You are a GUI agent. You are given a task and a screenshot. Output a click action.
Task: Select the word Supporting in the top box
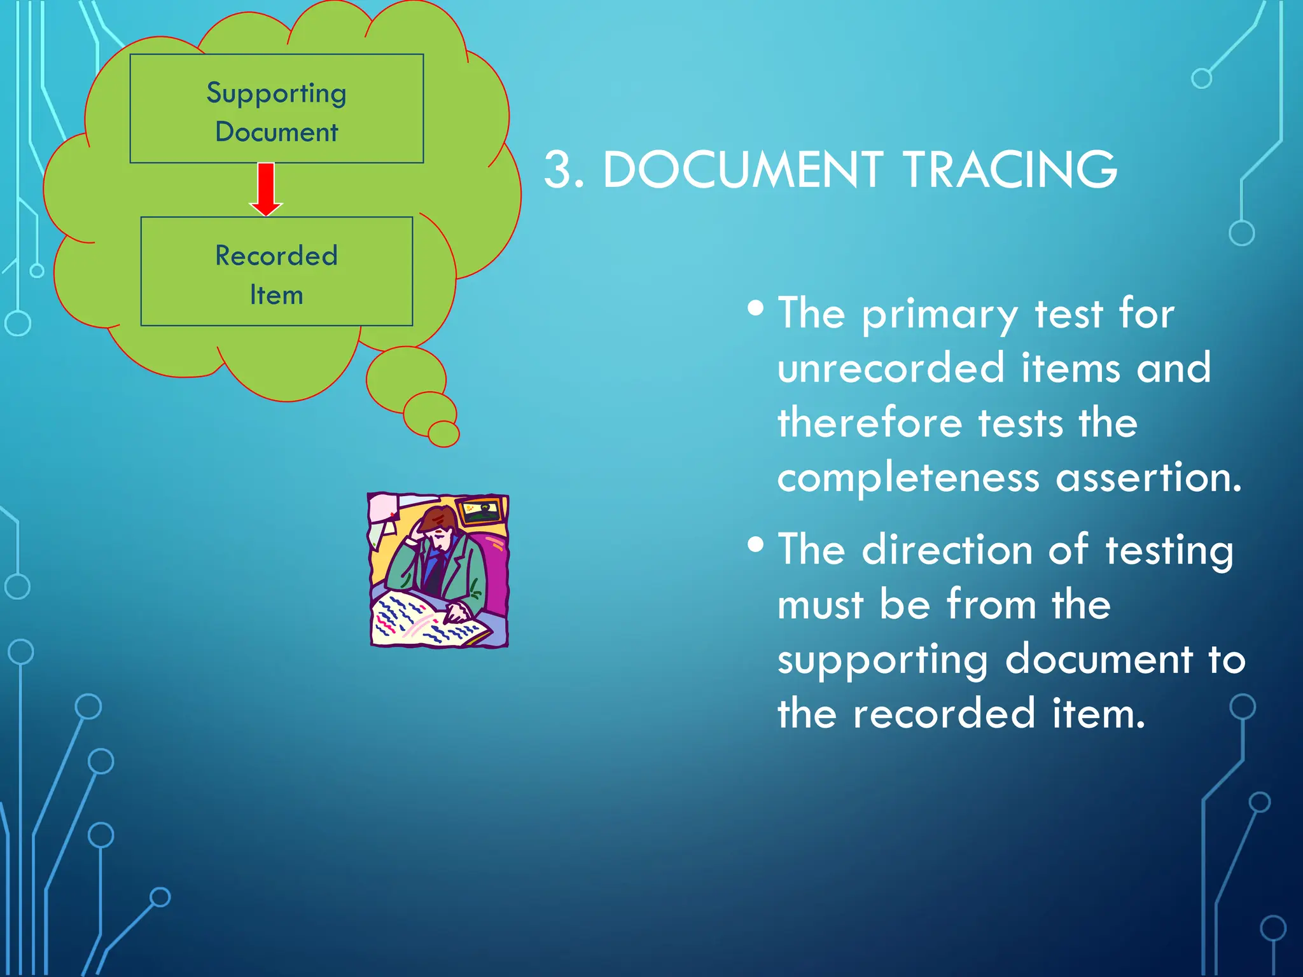coord(276,94)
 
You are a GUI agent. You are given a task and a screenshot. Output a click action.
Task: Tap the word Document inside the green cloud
coord(276,132)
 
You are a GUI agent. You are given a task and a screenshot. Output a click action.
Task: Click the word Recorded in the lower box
coord(276,256)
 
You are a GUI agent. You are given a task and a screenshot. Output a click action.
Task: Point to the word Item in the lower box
coord(276,295)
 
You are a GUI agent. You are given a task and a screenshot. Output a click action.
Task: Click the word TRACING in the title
coord(1010,170)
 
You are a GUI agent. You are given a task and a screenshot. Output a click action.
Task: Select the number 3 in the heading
coord(559,170)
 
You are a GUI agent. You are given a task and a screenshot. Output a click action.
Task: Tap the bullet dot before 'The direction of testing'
coord(755,545)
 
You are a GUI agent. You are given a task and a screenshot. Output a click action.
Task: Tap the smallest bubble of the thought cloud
coord(443,434)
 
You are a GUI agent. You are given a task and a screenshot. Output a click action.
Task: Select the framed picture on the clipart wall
coord(482,511)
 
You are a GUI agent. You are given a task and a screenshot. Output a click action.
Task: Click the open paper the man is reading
coord(426,619)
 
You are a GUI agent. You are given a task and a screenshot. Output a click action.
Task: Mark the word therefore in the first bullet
coord(870,424)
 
